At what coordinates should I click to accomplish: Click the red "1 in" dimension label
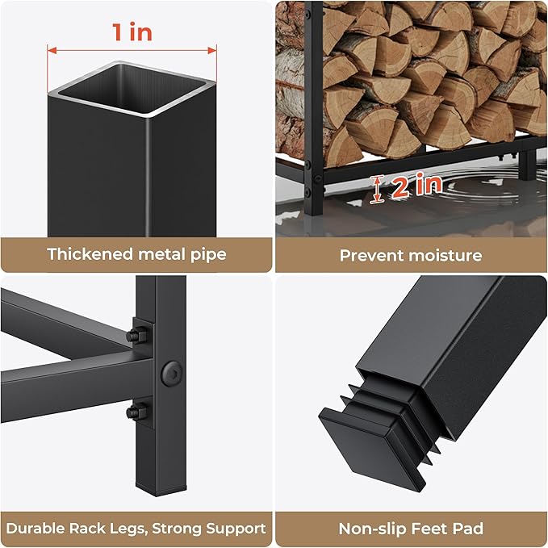[132, 32]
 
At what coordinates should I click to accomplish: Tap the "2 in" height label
[416, 186]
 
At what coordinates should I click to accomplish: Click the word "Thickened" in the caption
[90, 254]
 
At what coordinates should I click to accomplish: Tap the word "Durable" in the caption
[36, 529]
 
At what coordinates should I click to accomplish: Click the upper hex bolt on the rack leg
[136, 336]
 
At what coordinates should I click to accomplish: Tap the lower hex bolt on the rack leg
[136, 412]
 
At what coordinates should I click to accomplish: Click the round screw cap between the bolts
[172, 374]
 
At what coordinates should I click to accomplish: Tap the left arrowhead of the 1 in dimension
[52, 51]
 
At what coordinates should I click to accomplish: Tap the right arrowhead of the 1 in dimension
[212, 51]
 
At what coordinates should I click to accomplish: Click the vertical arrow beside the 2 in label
[376, 189]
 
